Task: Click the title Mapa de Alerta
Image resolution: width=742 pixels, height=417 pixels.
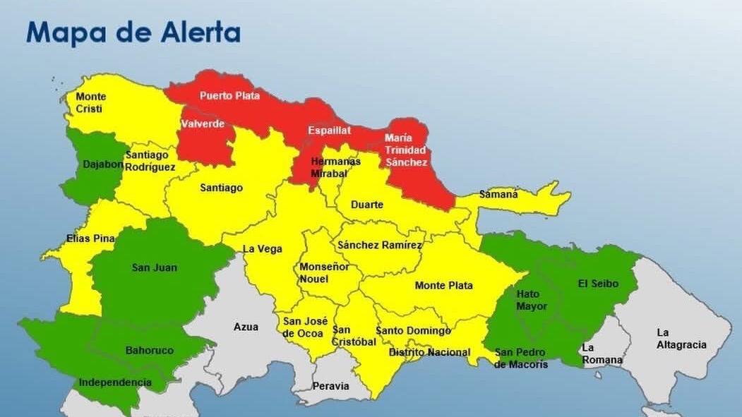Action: [133, 32]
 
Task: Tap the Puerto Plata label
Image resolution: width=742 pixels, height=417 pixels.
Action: [229, 96]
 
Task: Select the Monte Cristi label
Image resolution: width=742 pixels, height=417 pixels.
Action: [90, 102]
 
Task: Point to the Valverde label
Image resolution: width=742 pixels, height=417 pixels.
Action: [203, 124]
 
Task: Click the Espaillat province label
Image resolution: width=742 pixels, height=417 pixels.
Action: [329, 131]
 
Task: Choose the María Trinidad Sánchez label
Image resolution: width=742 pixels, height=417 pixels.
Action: [406, 150]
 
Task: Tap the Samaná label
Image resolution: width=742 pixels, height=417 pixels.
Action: [498, 194]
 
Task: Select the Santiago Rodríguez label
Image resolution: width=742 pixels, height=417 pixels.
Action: [150, 161]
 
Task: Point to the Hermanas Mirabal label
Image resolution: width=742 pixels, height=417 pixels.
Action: [335, 167]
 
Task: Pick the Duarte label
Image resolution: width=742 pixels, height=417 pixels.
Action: [367, 205]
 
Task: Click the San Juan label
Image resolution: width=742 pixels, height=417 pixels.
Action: [155, 267]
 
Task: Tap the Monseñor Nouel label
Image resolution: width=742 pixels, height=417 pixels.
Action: [324, 273]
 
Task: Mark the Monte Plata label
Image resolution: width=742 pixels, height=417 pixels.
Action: [443, 285]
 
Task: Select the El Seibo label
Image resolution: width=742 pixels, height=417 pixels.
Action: [598, 284]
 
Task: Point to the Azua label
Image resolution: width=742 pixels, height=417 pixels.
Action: [246, 327]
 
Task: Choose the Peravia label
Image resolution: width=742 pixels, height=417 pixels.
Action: [331, 386]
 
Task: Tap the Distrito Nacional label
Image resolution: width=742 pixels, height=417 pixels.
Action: [429, 352]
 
